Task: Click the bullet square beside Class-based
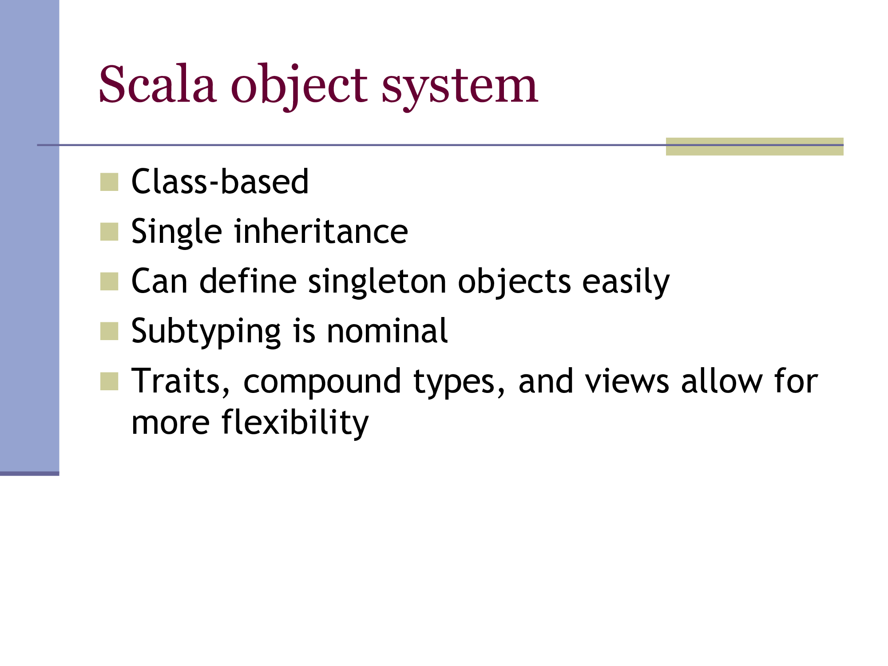point(109,182)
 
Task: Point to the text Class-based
point(220,182)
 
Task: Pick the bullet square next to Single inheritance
point(109,232)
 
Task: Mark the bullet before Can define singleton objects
point(109,281)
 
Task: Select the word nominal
point(387,331)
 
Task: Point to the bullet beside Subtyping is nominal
point(109,331)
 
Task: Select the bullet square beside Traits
point(109,381)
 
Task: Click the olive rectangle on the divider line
point(754,147)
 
